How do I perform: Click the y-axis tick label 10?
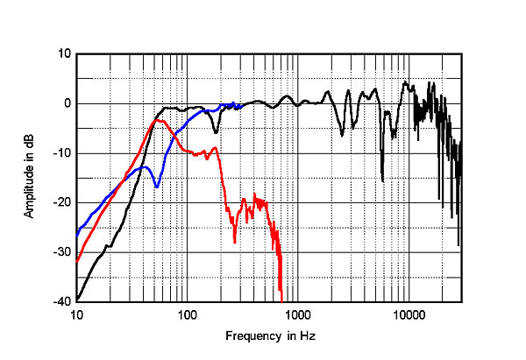click(x=63, y=54)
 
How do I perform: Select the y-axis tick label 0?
click(x=66, y=103)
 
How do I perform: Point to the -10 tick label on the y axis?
click(x=61, y=153)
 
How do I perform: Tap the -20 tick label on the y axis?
click(x=61, y=202)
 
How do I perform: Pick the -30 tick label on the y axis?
click(x=61, y=252)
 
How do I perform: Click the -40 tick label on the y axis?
click(x=61, y=301)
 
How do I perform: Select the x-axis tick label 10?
click(x=77, y=314)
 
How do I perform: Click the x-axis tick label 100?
click(x=187, y=314)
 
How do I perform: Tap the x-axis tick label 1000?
click(x=297, y=314)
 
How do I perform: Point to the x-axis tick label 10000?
click(x=408, y=314)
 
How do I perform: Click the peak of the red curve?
click(x=158, y=121)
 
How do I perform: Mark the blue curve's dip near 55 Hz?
click(x=156, y=187)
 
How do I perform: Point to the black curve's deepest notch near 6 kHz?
click(x=382, y=181)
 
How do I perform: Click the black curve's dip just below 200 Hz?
click(x=216, y=132)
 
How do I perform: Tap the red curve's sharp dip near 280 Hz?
click(x=235, y=242)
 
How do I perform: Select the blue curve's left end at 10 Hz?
click(x=77, y=234)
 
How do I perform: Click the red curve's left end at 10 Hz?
click(x=77, y=261)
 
